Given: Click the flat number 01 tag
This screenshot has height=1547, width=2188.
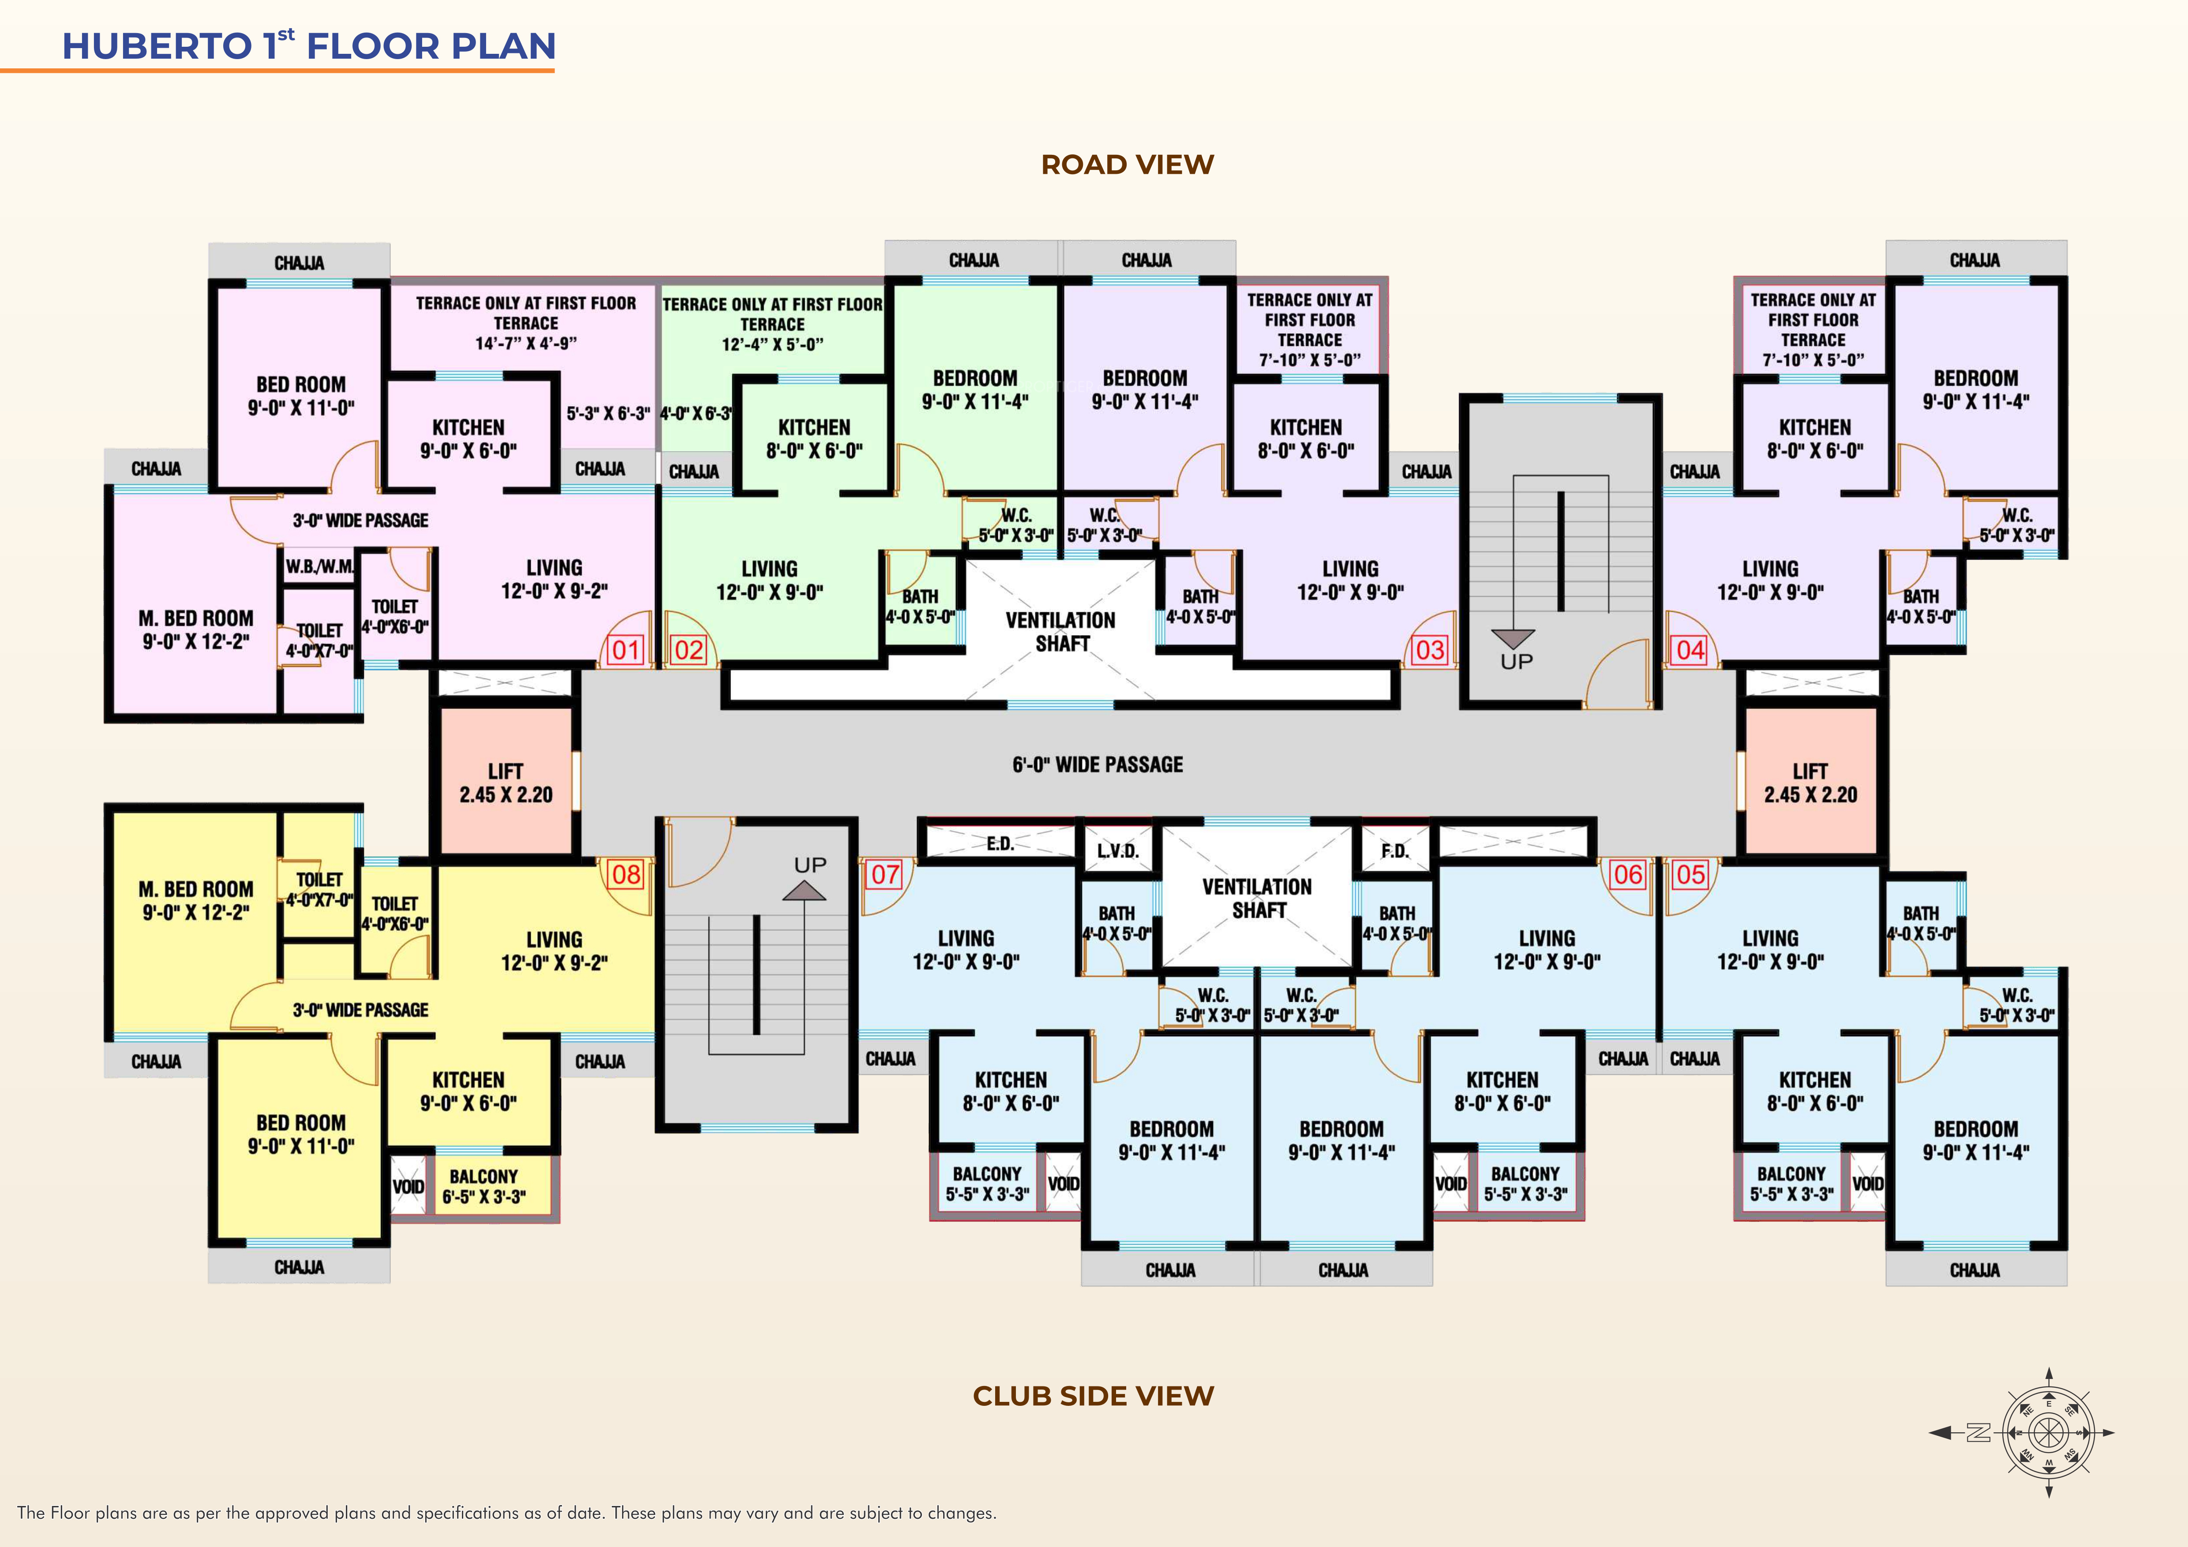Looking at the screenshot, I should (625, 650).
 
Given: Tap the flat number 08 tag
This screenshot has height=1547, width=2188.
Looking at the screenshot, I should (626, 874).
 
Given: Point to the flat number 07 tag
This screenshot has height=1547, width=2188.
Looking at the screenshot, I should (885, 874).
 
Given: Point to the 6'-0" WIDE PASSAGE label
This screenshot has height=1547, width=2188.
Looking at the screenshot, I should (1097, 764).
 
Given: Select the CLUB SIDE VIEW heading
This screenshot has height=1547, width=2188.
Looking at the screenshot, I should (1093, 1395).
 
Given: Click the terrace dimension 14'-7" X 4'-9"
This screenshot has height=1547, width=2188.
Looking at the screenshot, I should (526, 343).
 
